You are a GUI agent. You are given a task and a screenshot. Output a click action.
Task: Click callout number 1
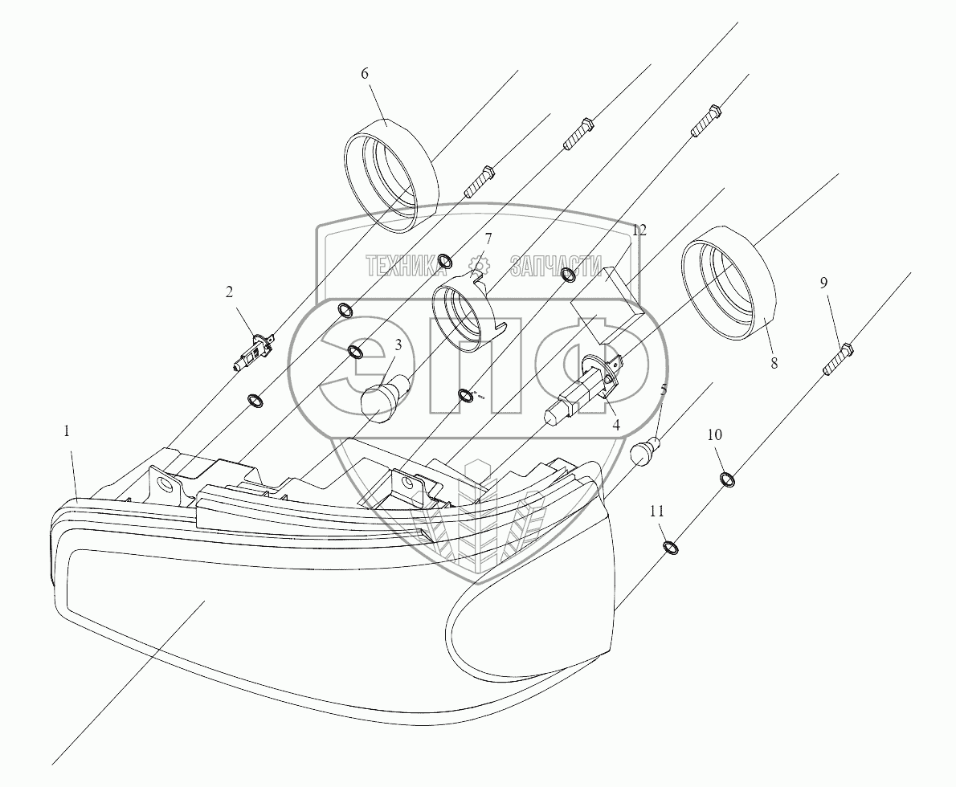click(67, 431)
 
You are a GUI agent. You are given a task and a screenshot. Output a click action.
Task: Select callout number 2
click(229, 292)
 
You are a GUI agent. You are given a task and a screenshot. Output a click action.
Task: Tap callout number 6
click(364, 73)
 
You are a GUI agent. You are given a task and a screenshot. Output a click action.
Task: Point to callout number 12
click(639, 230)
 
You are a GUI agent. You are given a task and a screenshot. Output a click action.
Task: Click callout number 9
click(824, 283)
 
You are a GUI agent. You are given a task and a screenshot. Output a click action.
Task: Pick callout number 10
click(714, 434)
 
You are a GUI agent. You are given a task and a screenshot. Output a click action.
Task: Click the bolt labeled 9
click(837, 359)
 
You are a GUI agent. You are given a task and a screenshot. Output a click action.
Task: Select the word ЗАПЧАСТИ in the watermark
click(556, 265)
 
